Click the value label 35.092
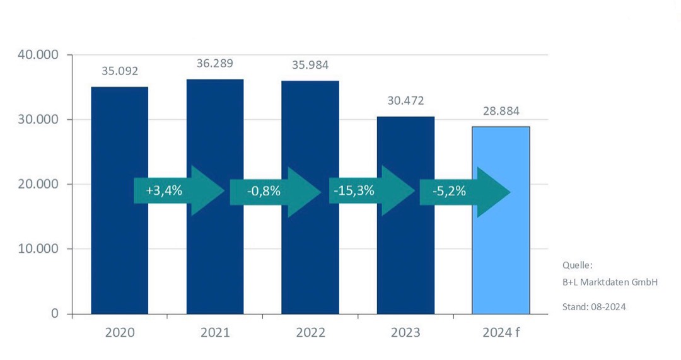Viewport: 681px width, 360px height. pyautogui.click(x=120, y=71)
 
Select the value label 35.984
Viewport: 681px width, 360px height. pyautogui.click(x=310, y=65)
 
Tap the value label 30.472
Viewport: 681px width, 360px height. pyautogui.click(x=405, y=101)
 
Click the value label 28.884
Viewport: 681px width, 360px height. pyautogui.click(x=501, y=111)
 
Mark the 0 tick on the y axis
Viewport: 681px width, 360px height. pyautogui.click(x=54, y=313)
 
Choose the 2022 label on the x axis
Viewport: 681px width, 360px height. pyautogui.click(x=310, y=332)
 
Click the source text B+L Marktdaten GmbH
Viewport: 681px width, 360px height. pyautogui.click(x=610, y=282)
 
